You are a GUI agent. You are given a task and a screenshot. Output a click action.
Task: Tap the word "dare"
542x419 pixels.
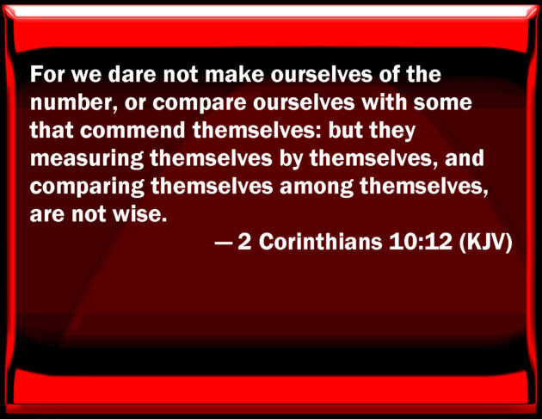(132, 74)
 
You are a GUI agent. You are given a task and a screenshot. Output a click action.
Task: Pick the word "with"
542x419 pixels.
(384, 102)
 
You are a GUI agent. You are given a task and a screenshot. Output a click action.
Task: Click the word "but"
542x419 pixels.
(345, 130)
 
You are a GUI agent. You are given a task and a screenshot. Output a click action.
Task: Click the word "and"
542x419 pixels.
(465, 158)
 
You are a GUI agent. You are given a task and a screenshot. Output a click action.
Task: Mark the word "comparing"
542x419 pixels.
(87, 188)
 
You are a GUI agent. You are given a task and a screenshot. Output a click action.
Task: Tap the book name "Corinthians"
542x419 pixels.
(320, 241)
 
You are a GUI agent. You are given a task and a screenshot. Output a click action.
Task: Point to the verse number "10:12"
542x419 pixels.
(421, 241)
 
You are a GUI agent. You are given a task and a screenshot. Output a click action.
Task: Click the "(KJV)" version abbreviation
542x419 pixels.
(485, 242)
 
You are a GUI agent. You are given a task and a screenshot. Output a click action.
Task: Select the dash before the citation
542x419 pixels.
(224, 243)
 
